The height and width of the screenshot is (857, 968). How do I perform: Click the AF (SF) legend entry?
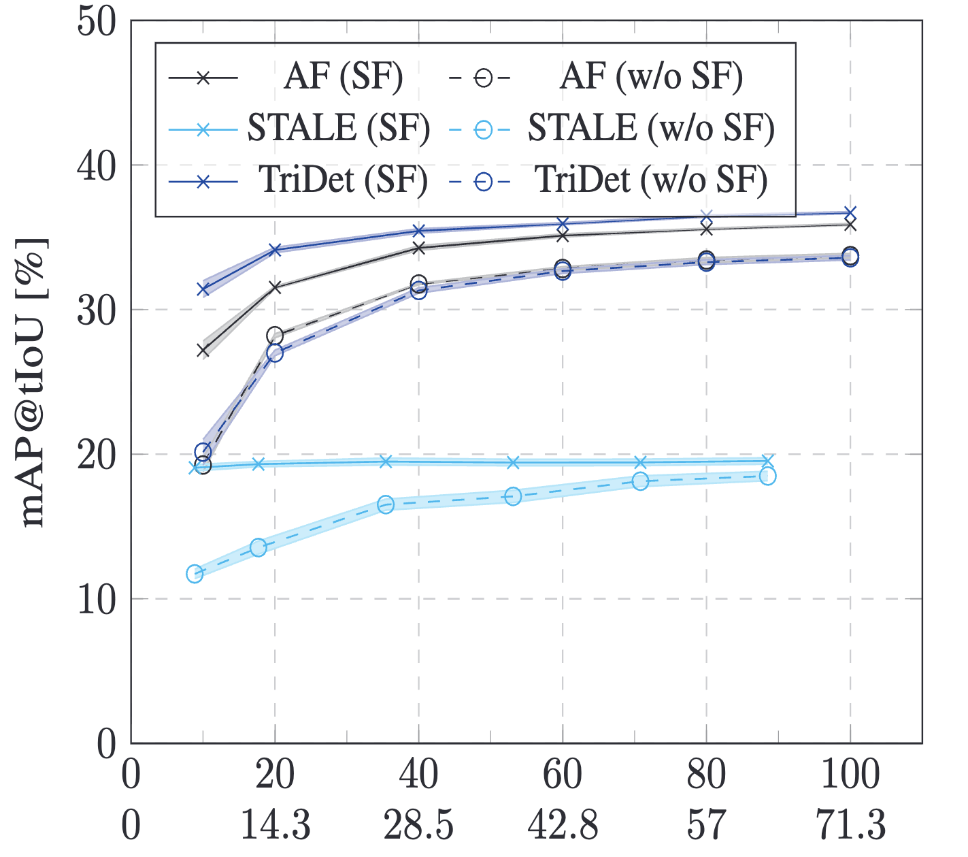pyautogui.click(x=344, y=77)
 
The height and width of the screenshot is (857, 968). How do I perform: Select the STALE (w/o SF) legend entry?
pyautogui.click(x=651, y=129)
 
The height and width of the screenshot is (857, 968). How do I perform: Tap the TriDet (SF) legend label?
pyautogui.click(x=344, y=180)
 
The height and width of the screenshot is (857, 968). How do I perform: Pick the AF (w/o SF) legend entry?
pyautogui.click(x=651, y=77)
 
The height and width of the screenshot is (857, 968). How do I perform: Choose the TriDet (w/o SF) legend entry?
pyautogui.click(x=651, y=180)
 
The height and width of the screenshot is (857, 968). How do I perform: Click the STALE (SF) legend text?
pyautogui.click(x=338, y=129)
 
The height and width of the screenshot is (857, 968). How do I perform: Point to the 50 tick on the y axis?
pyautogui.click(x=95, y=20)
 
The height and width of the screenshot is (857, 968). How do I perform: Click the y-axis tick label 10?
pyautogui.click(x=95, y=600)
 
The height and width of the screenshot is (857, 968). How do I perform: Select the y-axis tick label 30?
pyautogui.click(x=95, y=310)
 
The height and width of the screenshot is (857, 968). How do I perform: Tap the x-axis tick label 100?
pyautogui.click(x=850, y=775)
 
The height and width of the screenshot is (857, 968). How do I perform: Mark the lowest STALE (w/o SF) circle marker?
pyautogui.click(x=195, y=573)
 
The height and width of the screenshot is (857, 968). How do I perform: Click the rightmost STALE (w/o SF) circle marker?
pyautogui.click(x=767, y=476)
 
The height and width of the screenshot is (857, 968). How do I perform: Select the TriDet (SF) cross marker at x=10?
pyautogui.click(x=203, y=289)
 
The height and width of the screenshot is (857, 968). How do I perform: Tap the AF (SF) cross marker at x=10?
pyautogui.click(x=203, y=351)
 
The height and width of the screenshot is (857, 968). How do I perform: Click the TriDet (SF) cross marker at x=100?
pyautogui.click(x=850, y=213)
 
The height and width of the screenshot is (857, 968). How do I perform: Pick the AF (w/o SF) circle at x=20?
pyautogui.click(x=275, y=335)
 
